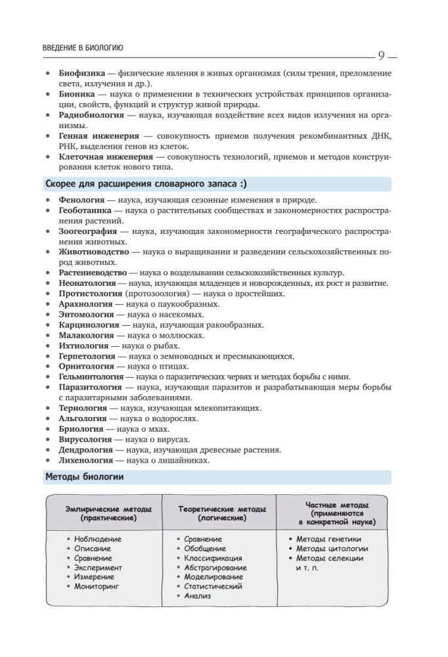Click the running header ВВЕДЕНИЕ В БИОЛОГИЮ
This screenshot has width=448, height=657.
pyautogui.click(x=83, y=48)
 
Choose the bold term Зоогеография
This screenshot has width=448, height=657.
pyautogui.click(x=88, y=231)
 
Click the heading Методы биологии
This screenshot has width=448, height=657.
pyautogui.click(x=85, y=476)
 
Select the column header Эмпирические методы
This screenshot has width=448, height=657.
pyautogui.click(x=109, y=509)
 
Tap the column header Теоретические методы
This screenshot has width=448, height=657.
pyautogui.click(x=223, y=509)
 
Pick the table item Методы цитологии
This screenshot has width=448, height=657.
pyautogui.click(x=332, y=549)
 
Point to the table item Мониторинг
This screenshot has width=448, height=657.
pyautogui.click(x=97, y=586)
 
